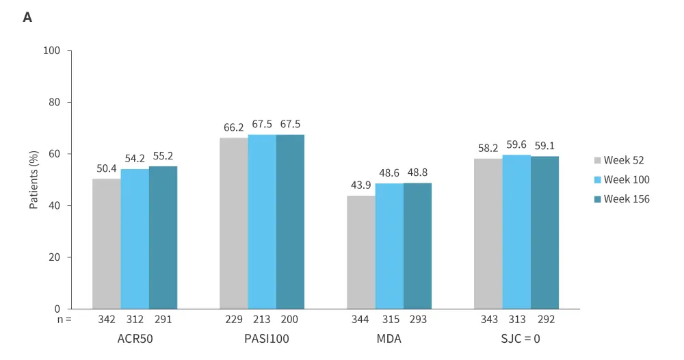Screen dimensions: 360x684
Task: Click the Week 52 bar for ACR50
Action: click(x=107, y=244)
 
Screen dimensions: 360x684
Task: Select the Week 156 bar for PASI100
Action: click(x=290, y=222)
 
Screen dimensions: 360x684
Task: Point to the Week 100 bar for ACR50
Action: click(x=135, y=239)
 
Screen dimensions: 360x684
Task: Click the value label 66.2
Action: click(x=234, y=127)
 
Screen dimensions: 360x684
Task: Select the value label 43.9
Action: click(x=361, y=185)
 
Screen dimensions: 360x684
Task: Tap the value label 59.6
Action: click(x=516, y=144)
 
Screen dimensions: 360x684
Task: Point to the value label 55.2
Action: click(x=163, y=156)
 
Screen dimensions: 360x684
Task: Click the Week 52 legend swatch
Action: click(x=597, y=161)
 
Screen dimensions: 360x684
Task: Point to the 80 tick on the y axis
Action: click(x=56, y=103)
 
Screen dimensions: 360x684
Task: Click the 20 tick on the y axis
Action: click(x=56, y=257)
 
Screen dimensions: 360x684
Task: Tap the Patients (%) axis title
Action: click(x=34, y=179)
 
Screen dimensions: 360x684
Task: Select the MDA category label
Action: click(x=389, y=339)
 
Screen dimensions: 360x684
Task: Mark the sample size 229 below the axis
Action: click(x=234, y=320)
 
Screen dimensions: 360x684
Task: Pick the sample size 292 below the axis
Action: click(x=545, y=320)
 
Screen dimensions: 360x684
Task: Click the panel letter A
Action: click(x=27, y=18)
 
